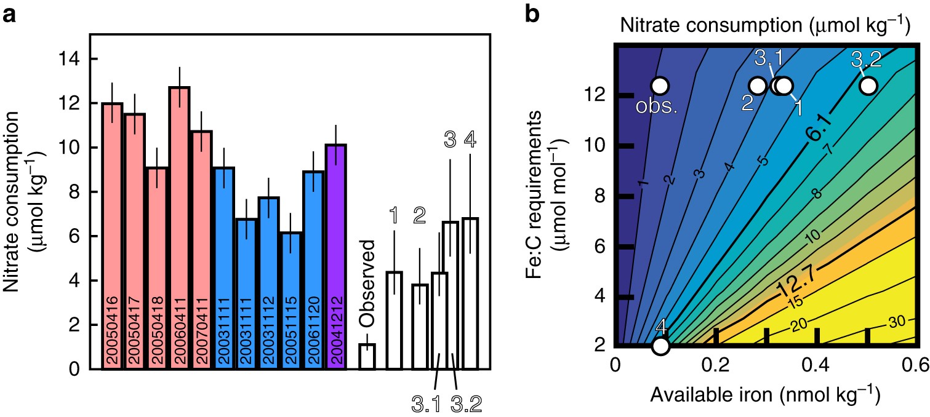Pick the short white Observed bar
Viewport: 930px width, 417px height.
pos(367,357)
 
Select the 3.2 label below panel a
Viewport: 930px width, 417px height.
pos(466,403)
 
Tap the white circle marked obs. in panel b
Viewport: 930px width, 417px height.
pos(660,85)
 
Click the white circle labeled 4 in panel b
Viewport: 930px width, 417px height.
pos(660,346)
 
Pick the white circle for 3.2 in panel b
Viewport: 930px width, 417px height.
pos(868,85)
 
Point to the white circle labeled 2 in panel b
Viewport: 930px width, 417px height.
pos(758,85)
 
